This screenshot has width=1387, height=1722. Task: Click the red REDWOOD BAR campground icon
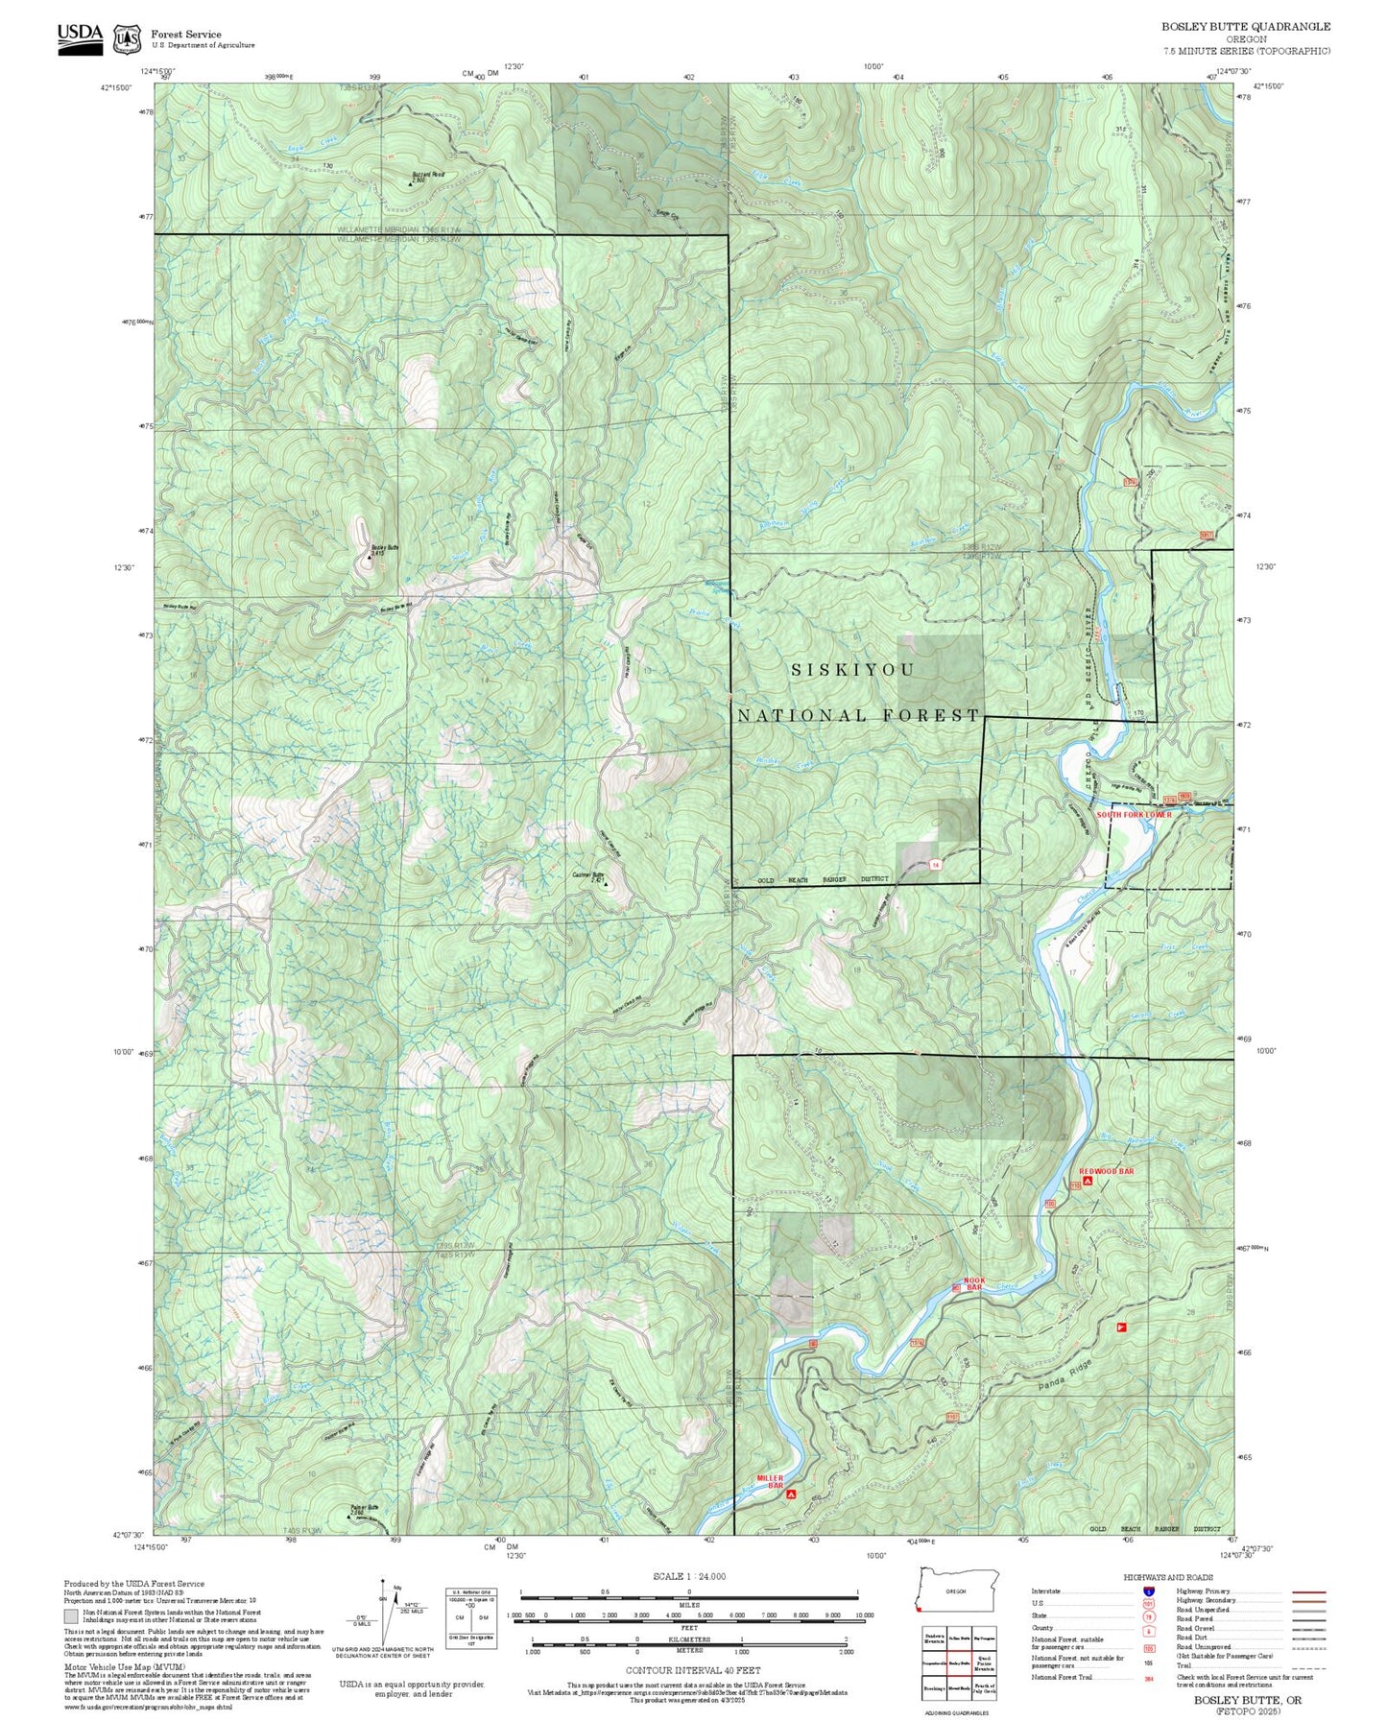(x=1087, y=1181)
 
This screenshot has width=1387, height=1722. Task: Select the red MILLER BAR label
(x=770, y=1481)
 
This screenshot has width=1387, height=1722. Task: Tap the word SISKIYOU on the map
(x=852, y=670)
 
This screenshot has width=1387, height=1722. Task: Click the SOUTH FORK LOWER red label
(x=1135, y=815)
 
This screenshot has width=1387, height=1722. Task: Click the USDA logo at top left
(x=80, y=36)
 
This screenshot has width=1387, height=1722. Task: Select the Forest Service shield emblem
(x=126, y=38)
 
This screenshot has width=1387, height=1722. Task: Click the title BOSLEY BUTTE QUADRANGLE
(x=1246, y=27)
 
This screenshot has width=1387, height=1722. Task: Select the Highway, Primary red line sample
(x=1309, y=1591)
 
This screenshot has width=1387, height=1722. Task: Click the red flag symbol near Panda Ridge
(x=1119, y=1327)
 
